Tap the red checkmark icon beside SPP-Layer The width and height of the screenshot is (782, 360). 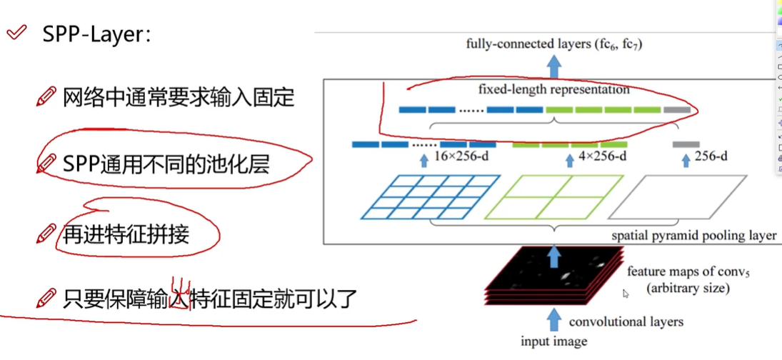[x=16, y=33]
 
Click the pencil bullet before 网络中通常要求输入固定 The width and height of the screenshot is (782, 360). [x=46, y=96]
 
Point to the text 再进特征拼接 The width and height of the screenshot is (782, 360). [x=126, y=233]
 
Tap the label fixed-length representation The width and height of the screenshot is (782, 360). [x=554, y=90]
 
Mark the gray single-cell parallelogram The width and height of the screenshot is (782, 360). [x=688, y=196]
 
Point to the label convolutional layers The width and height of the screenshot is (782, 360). [x=626, y=321]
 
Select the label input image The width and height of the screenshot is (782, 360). [x=554, y=341]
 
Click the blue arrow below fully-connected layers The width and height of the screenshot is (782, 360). [x=554, y=66]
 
